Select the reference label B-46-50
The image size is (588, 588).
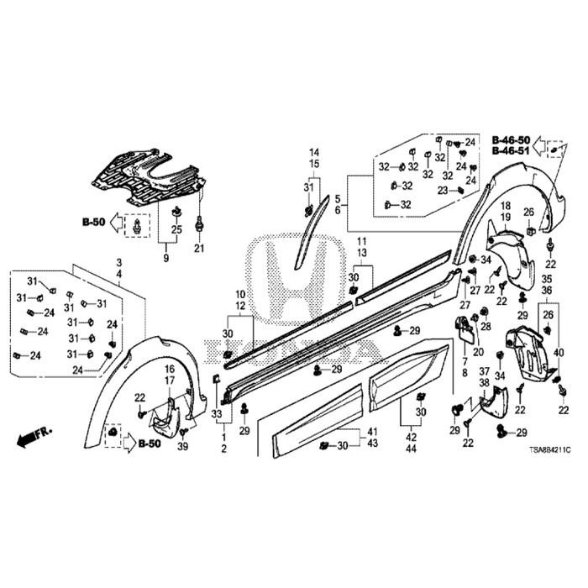511,139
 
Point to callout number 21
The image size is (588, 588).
199,248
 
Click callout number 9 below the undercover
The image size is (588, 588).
165,258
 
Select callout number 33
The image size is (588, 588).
218,415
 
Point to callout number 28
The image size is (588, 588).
485,326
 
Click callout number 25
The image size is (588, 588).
176,229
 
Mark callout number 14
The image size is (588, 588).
314,152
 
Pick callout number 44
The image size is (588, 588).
411,449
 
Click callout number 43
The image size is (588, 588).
372,443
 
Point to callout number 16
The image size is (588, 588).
169,369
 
